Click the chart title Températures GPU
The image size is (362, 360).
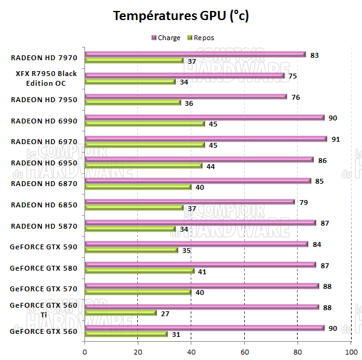(x=181, y=16)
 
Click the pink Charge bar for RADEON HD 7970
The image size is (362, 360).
(x=194, y=54)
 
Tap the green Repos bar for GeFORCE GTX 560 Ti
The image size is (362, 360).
(x=120, y=313)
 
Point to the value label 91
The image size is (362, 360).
(x=335, y=139)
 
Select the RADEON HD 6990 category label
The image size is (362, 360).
(x=44, y=120)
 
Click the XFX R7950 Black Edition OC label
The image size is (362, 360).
(x=46, y=78)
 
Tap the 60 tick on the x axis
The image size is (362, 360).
(x=245, y=351)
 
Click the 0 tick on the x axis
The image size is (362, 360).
(x=85, y=351)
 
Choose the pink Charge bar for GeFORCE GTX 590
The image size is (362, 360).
(x=196, y=244)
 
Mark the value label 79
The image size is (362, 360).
(x=304, y=202)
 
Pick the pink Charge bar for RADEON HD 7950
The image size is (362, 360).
(x=185, y=97)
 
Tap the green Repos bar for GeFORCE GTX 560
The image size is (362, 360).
(x=126, y=334)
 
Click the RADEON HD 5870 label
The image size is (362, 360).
(x=44, y=226)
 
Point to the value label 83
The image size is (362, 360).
(x=315, y=55)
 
